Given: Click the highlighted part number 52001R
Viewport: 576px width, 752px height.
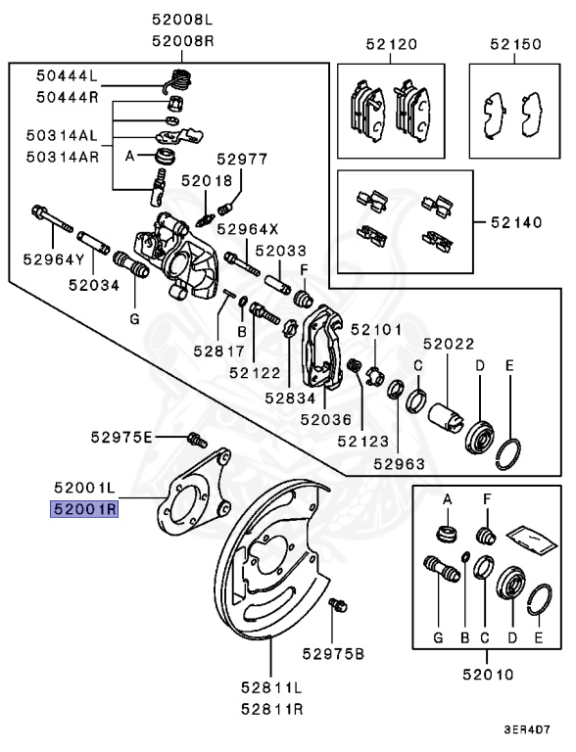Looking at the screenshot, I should tap(85, 509).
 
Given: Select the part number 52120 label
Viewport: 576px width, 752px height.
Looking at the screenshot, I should tap(392, 44).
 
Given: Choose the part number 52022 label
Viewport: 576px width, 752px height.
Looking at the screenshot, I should tap(449, 344).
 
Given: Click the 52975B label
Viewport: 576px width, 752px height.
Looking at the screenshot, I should tap(332, 653).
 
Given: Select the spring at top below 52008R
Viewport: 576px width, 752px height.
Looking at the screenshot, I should tap(179, 80).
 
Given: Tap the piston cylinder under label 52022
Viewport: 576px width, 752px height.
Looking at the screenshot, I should tap(449, 412).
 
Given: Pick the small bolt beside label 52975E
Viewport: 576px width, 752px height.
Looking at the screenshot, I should tap(193, 438).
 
